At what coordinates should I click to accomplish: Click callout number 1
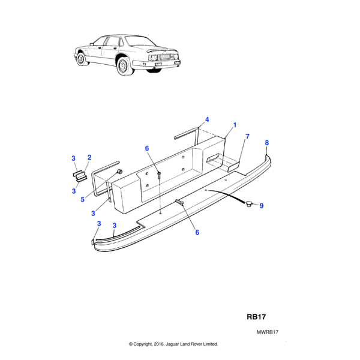[235, 125]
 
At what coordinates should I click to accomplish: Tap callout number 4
[207, 119]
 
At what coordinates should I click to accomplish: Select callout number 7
[247, 136]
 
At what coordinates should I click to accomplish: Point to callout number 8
[266, 143]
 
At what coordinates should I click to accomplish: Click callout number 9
[261, 206]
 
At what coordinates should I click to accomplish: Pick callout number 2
[89, 157]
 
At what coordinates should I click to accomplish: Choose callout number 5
[83, 200]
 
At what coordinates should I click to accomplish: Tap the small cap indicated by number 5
[119, 172]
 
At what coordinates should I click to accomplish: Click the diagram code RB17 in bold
[256, 317]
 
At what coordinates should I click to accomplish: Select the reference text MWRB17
[268, 332]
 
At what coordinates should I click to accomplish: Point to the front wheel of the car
[81, 59]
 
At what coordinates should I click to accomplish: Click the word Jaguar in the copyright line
[172, 344]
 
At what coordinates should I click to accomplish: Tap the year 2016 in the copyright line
[158, 344]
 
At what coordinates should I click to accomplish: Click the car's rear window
[140, 41]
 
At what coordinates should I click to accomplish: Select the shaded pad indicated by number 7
[233, 166]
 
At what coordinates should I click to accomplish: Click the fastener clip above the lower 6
[179, 202]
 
